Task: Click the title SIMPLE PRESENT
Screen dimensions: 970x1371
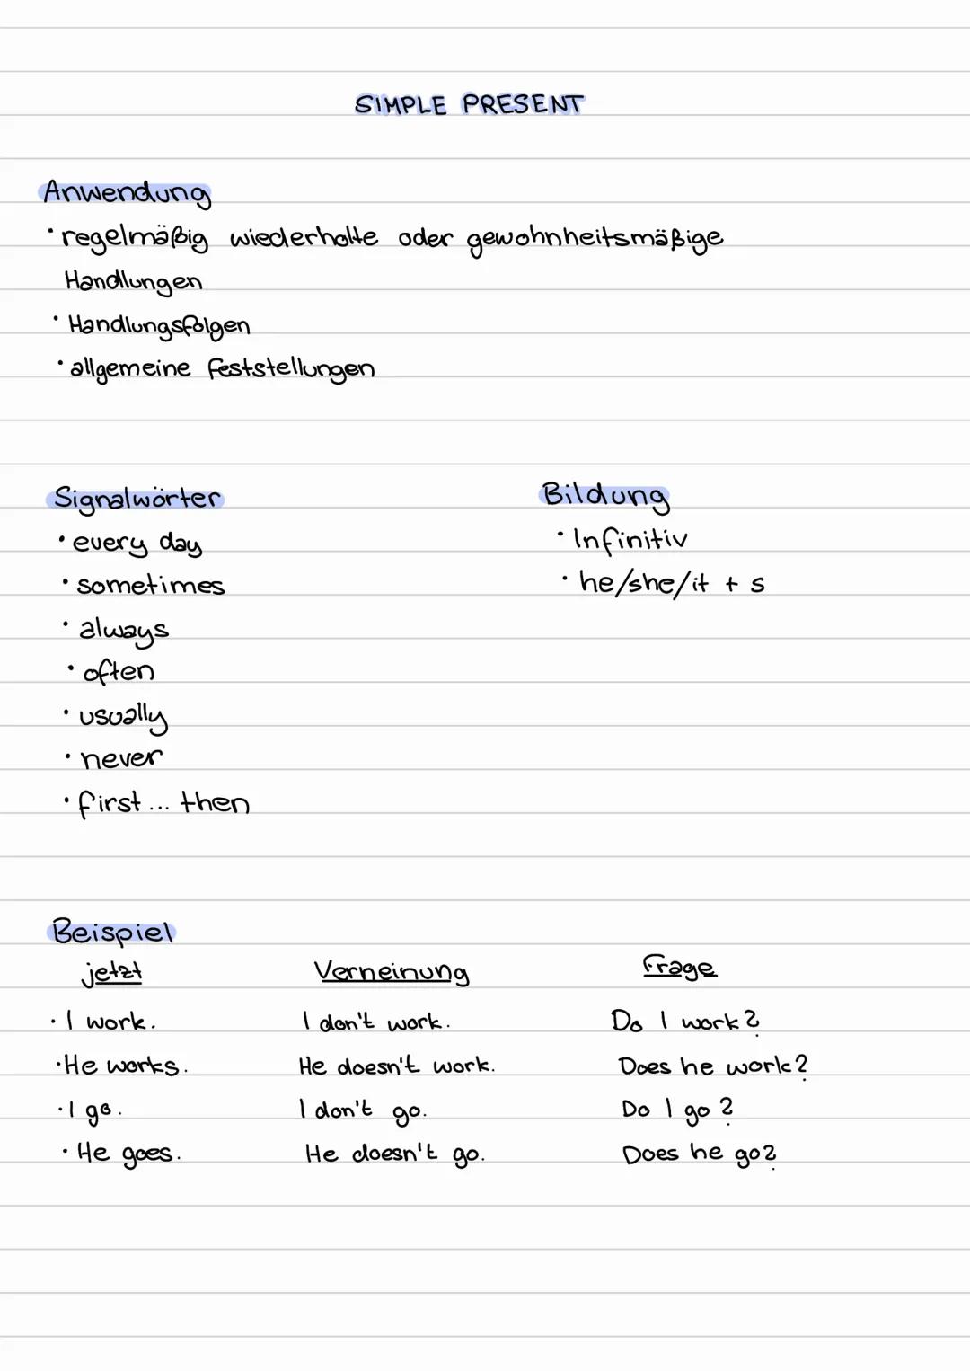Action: pyautogui.click(x=469, y=105)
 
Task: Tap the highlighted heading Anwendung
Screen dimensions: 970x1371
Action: pyautogui.click(x=126, y=193)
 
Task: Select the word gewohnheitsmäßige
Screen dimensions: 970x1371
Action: pyautogui.click(x=595, y=239)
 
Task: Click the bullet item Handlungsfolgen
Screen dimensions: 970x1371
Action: pyautogui.click(x=159, y=325)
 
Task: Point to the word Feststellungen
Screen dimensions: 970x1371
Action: pyautogui.click(x=291, y=368)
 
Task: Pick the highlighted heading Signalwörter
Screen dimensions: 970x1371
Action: pyautogui.click(x=137, y=499)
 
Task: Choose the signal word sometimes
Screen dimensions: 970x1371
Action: pyautogui.click(x=150, y=586)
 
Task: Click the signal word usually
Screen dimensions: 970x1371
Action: pyautogui.click(x=123, y=717)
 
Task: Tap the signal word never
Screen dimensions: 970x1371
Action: pyautogui.click(x=121, y=759)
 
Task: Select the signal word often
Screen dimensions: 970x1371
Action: pyautogui.click(x=118, y=672)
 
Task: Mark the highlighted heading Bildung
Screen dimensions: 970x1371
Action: pyautogui.click(x=605, y=495)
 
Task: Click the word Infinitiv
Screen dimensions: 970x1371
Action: pyautogui.click(x=630, y=539)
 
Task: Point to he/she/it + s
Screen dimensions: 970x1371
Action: pyautogui.click(x=671, y=584)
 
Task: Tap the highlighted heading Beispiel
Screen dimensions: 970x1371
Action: pyautogui.click(x=112, y=932)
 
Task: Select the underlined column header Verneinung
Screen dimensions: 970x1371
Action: pyautogui.click(x=391, y=972)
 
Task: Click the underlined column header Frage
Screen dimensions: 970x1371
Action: pyautogui.click(x=679, y=968)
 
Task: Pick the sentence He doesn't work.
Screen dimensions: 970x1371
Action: pyautogui.click(x=396, y=1066)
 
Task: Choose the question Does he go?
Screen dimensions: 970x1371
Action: pyautogui.click(x=699, y=1154)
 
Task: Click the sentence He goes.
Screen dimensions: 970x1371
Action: pyautogui.click(x=128, y=1153)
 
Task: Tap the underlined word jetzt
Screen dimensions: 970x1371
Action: pyautogui.click(x=111, y=973)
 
